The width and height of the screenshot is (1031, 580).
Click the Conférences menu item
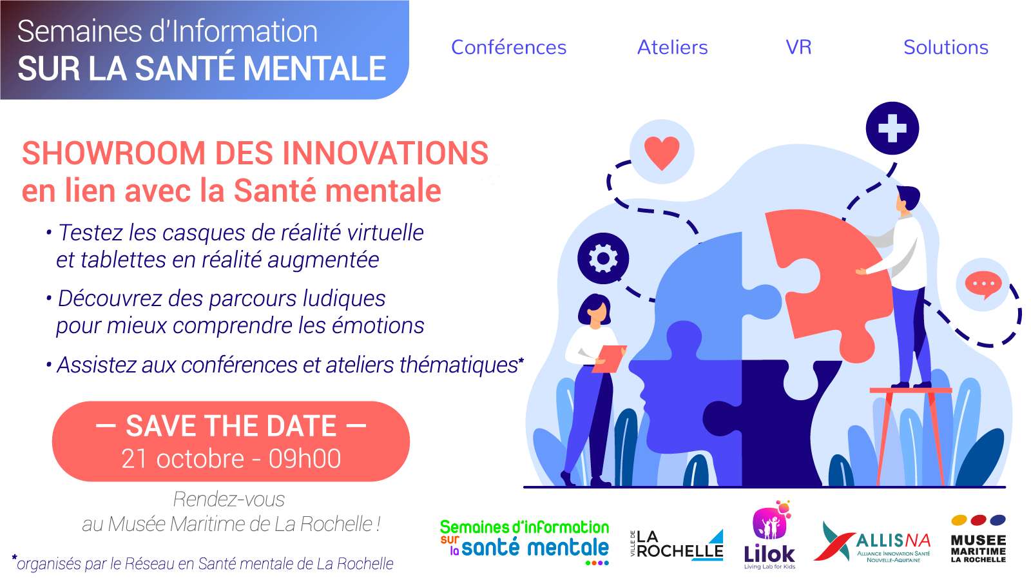pos(508,48)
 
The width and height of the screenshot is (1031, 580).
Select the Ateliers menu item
pos(673,48)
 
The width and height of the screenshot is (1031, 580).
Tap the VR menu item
pos(798,48)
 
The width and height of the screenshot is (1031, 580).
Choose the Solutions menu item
pos(946,48)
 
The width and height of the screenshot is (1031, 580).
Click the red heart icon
pos(662,153)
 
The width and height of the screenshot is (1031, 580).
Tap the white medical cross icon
pos(892,128)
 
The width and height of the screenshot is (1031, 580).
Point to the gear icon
pos(603,258)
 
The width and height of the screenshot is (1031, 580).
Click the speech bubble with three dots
pos(983,284)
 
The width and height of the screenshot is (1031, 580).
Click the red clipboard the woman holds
pos(609,358)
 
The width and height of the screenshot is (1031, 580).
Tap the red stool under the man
pos(909,435)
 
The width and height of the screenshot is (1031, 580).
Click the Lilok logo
pos(769,536)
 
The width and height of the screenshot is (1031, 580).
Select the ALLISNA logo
pos(873,542)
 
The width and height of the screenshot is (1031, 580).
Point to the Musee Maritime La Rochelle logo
pos(978,539)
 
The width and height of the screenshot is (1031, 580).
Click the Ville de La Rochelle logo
pos(677,545)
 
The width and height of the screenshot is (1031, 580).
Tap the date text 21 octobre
pos(183,459)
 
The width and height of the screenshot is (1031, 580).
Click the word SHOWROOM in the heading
pos(113,153)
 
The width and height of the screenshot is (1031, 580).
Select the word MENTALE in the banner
pos(314,68)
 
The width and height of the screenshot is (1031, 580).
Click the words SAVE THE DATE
pos(231,426)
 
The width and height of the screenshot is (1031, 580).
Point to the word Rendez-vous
pos(229,499)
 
